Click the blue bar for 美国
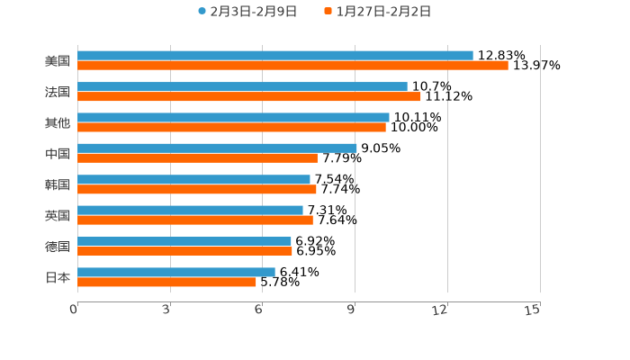click(x=275, y=56)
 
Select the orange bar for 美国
click(x=292, y=66)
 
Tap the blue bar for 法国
click(x=242, y=87)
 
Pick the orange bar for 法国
click(x=249, y=97)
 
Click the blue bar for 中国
click(x=217, y=148)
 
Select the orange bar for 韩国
click(x=197, y=190)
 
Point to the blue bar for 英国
click(x=190, y=211)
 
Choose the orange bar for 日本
click(x=166, y=283)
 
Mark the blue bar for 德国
click(x=184, y=241)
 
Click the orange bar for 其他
click(x=231, y=128)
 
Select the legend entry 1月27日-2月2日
click(x=382, y=12)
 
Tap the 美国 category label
click(x=58, y=61)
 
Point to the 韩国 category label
click(x=58, y=184)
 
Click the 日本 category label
click(x=58, y=277)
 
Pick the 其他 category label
click(x=58, y=123)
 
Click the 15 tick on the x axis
click(x=532, y=310)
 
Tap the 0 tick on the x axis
click(x=75, y=310)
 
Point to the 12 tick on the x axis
click(x=440, y=310)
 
